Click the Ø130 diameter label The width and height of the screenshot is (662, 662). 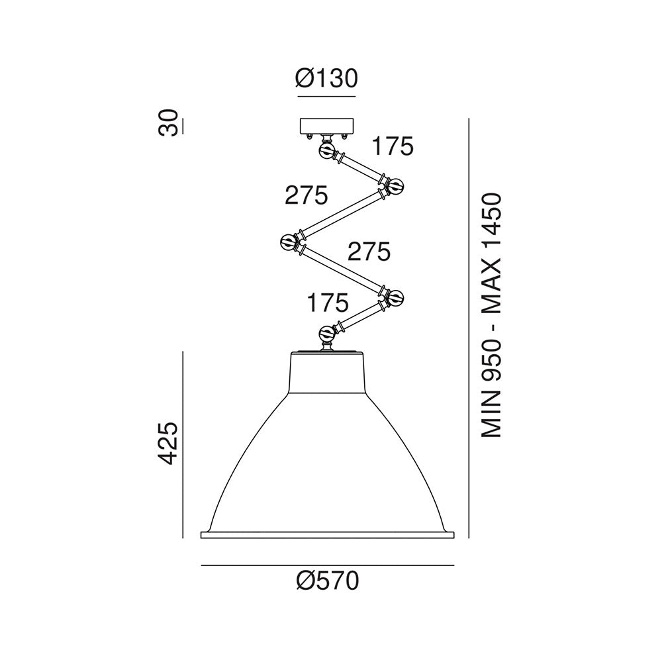coord(326,78)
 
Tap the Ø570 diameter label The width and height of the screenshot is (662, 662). coord(328,581)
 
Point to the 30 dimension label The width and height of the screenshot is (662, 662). coord(167,122)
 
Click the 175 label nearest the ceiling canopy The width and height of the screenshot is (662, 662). coord(393,146)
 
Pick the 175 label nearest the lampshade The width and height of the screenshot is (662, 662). coord(328,303)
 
